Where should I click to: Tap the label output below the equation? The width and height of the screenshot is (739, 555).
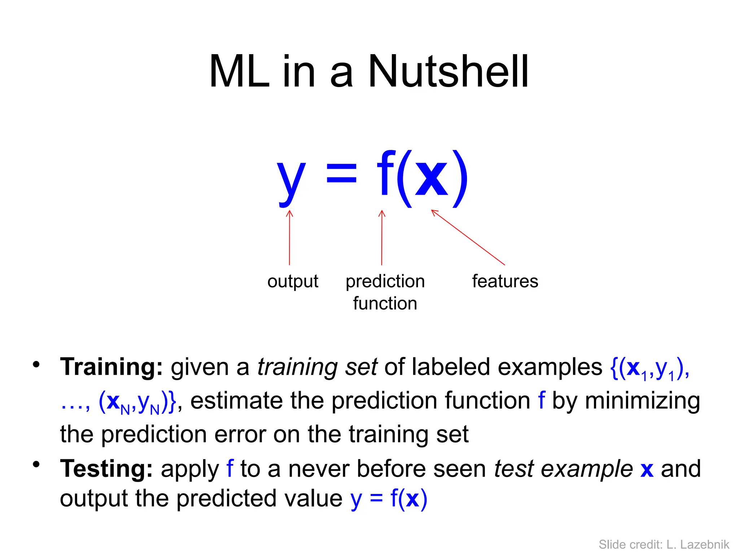[x=293, y=281]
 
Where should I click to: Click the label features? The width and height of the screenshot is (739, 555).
[x=505, y=281]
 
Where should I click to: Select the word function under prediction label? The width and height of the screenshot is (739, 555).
[x=385, y=303]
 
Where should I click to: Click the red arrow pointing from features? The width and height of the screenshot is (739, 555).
[x=468, y=237]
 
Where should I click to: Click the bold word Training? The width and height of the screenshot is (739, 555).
[x=111, y=367]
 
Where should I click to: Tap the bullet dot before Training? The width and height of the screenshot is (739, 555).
[x=36, y=364]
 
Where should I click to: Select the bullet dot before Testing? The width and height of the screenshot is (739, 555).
[x=36, y=464]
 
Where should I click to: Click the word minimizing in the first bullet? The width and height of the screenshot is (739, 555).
[x=642, y=401]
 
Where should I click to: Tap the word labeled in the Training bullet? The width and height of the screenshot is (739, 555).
[x=451, y=367]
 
